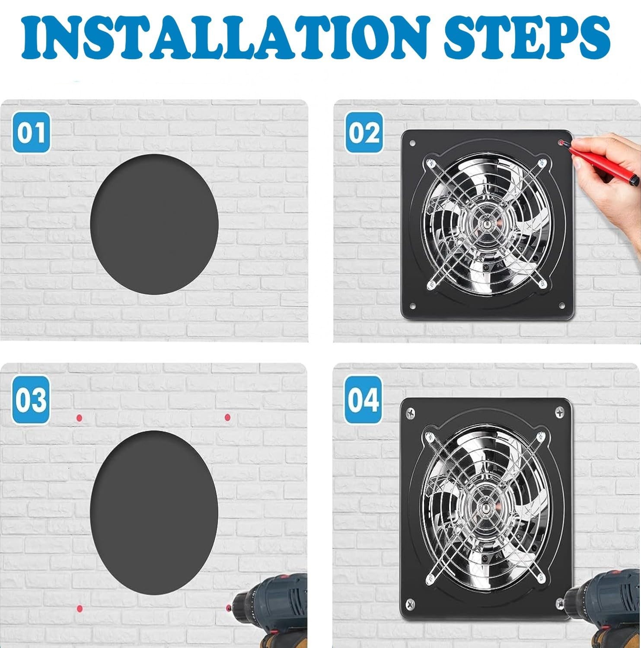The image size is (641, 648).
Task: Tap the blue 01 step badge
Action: [x=31, y=133]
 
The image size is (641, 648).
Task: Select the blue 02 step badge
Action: [x=364, y=133]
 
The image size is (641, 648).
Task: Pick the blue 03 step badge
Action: [x=31, y=400]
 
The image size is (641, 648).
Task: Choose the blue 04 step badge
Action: [x=364, y=400]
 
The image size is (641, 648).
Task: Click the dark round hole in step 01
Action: [x=154, y=224]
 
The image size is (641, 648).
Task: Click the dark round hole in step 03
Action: [x=154, y=511]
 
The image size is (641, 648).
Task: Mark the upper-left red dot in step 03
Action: [x=79, y=418]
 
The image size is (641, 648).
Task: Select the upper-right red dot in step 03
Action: [x=227, y=417]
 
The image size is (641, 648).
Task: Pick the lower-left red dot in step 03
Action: [x=79, y=609]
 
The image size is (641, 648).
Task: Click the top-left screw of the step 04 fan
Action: [x=409, y=414]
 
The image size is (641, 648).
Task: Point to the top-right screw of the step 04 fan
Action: [x=560, y=412]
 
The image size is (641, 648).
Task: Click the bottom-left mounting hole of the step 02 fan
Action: [x=412, y=306]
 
